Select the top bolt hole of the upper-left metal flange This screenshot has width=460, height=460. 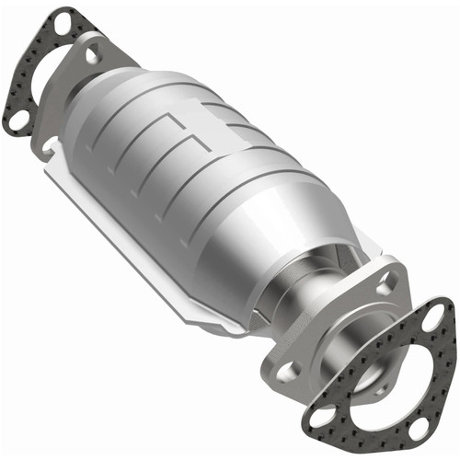[93, 55]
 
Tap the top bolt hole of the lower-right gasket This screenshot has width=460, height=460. [438, 318]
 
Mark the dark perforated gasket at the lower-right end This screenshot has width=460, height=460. [432, 368]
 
